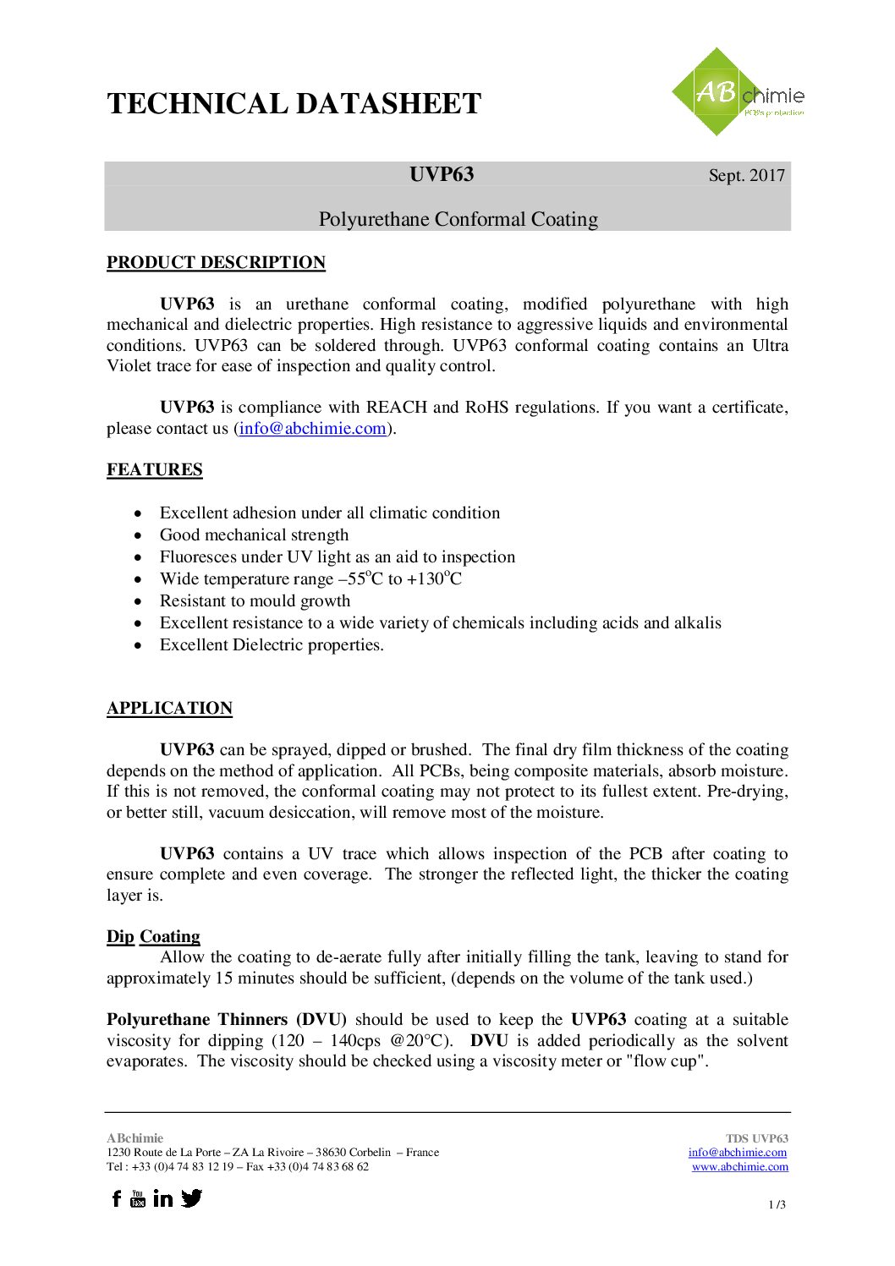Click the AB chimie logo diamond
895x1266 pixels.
click(x=717, y=91)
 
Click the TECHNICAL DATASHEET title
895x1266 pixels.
click(x=294, y=104)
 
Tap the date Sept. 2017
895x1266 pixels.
click(x=746, y=176)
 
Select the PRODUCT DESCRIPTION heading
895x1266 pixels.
click(x=216, y=263)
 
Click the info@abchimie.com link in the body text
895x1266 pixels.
click(x=312, y=429)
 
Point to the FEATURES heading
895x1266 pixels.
click(x=154, y=470)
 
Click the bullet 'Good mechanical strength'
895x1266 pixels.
click(x=254, y=535)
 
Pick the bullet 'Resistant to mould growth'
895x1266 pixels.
click(x=255, y=601)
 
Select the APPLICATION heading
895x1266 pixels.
click(x=169, y=709)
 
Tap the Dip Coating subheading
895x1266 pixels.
click(x=153, y=937)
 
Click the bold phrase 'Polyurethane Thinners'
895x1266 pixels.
click(x=197, y=1020)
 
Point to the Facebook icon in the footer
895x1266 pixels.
click(x=117, y=1198)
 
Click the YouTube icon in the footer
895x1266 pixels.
click(x=138, y=1198)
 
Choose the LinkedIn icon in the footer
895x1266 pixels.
click(x=163, y=1198)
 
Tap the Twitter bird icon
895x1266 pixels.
click(x=192, y=1198)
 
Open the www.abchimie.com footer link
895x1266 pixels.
click(x=739, y=1167)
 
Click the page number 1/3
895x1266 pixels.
click(x=777, y=1205)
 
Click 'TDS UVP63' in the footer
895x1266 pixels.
click(x=756, y=1139)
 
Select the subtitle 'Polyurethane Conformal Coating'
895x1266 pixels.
click(x=458, y=220)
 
